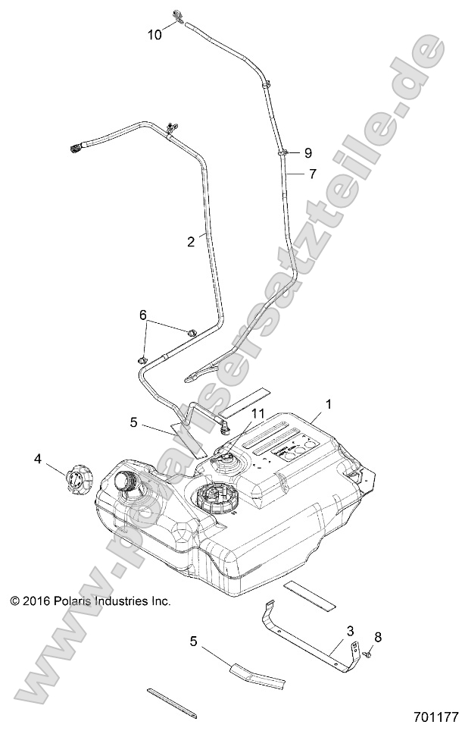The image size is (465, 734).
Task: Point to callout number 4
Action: [37, 458]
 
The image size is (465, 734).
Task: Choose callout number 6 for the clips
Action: [142, 314]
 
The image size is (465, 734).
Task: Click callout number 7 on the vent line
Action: [311, 174]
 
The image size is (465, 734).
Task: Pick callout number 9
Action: [307, 152]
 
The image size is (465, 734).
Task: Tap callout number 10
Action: [154, 34]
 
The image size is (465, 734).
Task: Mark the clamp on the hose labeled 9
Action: [282, 152]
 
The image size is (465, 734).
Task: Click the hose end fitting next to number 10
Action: [179, 16]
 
